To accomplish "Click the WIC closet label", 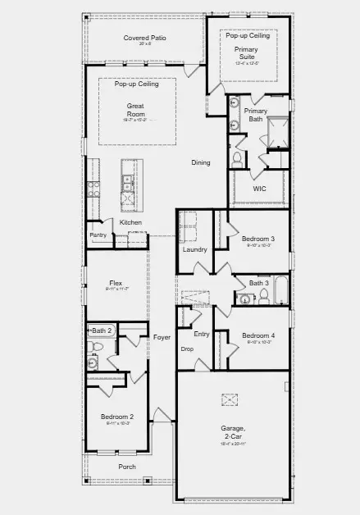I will pos(259,188).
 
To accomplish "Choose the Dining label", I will pos(201,162).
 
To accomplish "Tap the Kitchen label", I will pos(130,222).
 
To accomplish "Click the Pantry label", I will pos(98,235).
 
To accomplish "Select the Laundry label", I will pos(194,249).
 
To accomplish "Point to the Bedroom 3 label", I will pos(260,239).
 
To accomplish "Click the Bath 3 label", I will pos(258,284).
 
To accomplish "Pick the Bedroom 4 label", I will pos(259,335).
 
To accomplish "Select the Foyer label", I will pos(162,337).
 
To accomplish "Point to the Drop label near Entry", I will pos(187,349).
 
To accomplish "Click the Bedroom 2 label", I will pos(117,417).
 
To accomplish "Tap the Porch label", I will pos(127,467).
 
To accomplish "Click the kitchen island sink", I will pos(127,180).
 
